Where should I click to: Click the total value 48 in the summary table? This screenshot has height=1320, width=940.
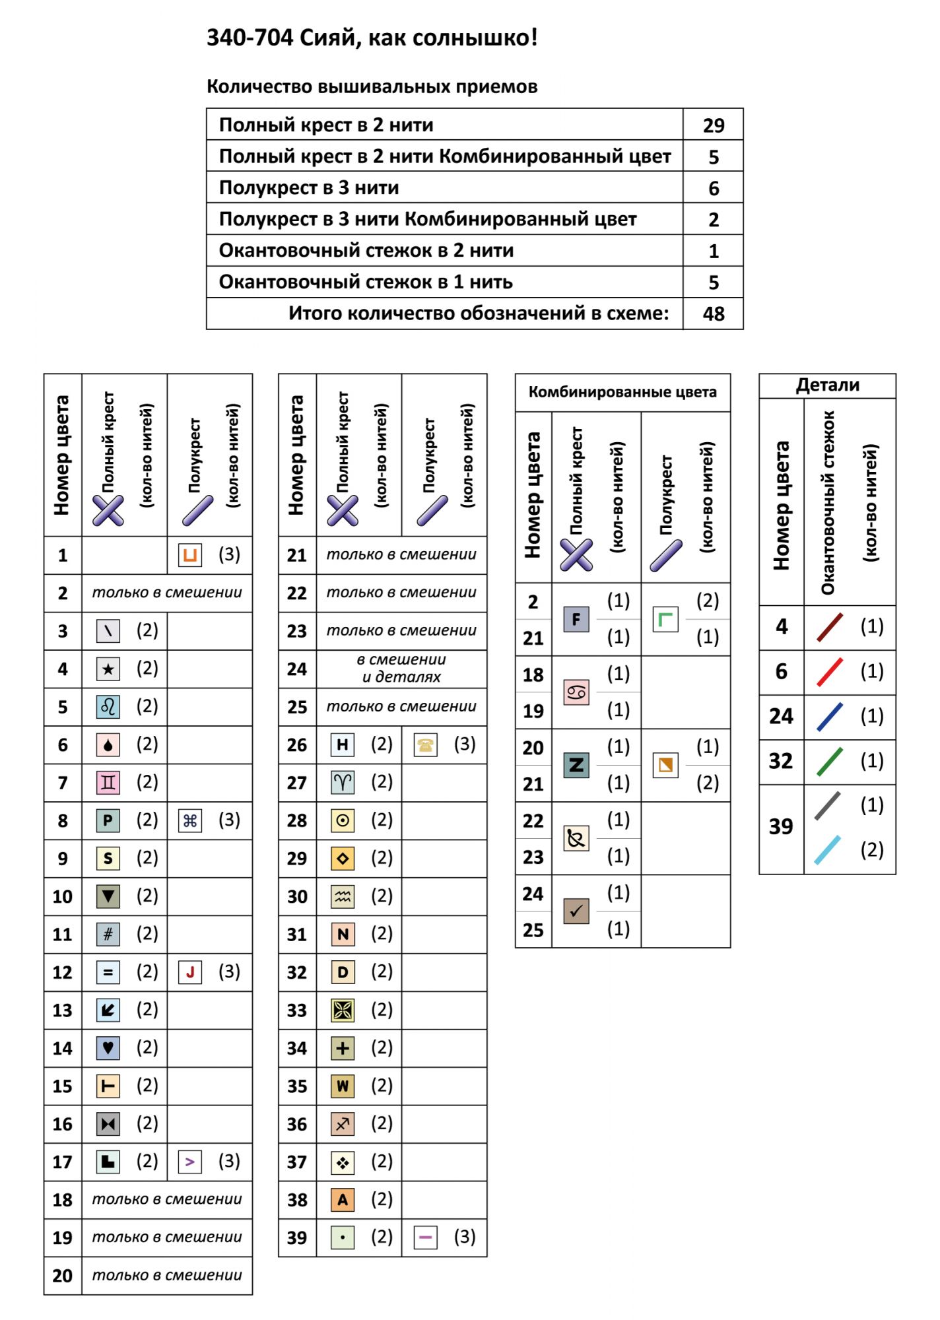(713, 313)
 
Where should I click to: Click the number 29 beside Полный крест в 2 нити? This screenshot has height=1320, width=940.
(713, 125)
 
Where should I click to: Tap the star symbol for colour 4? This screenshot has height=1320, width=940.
(108, 669)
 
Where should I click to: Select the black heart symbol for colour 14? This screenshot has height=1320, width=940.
(108, 1048)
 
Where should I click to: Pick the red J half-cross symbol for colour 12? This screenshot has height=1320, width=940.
(190, 972)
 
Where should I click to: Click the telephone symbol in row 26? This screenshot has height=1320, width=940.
(426, 745)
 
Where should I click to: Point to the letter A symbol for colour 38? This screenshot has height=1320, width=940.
(343, 1200)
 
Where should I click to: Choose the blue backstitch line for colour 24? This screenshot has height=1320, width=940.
(829, 717)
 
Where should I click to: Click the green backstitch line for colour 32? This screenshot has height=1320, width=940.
(829, 762)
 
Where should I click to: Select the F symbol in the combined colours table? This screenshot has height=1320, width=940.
(576, 619)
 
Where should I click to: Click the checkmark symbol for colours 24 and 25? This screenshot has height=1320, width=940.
(576, 911)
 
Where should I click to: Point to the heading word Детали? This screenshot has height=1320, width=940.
(827, 385)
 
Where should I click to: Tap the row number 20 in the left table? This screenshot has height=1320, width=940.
(63, 1276)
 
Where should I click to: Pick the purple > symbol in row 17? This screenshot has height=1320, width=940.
(190, 1162)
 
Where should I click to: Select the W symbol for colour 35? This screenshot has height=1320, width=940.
(343, 1086)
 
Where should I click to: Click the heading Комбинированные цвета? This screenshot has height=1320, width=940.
(622, 393)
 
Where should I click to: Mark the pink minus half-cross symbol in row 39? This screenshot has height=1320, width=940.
(426, 1237)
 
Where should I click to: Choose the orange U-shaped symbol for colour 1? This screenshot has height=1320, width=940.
(190, 555)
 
